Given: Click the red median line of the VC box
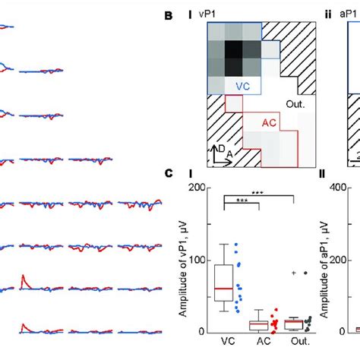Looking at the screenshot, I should tap(224, 289).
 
